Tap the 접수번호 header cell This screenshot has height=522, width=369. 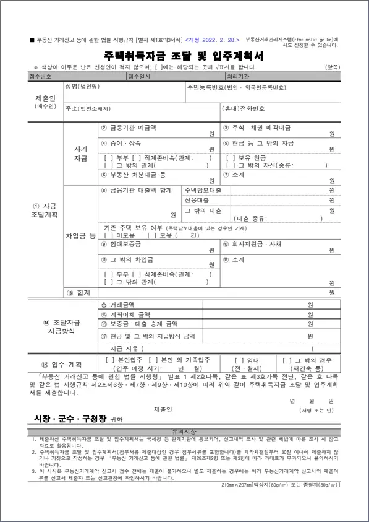pyautogui.click(x=40, y=76)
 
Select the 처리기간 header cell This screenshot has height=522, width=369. pyautogui.click(x=239, y=76)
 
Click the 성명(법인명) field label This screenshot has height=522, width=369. pyautogui.click(x=82, y=86)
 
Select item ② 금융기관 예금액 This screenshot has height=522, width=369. pyautogui.click(x=129, y=128)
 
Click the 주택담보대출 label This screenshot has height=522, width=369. pyautogui.click(x=201, y=189)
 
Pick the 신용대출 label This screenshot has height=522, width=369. pyautogui.click(x=197, y=201)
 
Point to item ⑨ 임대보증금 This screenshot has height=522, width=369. pyautogui.click(x=124, y=245)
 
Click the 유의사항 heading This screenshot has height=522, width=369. pyautogui.click(x=184, y=430)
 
